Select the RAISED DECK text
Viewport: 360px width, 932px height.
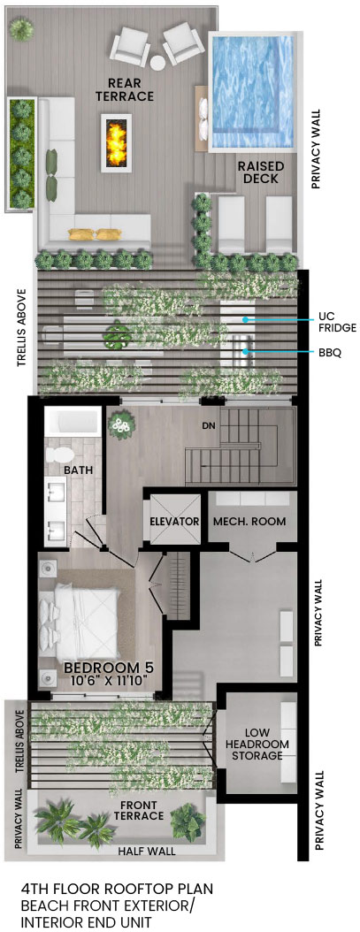[x=261, y=172]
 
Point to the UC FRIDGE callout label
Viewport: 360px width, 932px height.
[x=337, y=322]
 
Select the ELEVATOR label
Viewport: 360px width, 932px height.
[x=173, y=522]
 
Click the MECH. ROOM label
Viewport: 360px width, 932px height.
[x=250, y=522]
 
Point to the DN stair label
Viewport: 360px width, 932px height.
[x=208, y=425]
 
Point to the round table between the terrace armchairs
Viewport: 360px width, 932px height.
[x=157, y=63]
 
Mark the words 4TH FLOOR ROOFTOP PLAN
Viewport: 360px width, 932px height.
[x=117, y=890]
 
